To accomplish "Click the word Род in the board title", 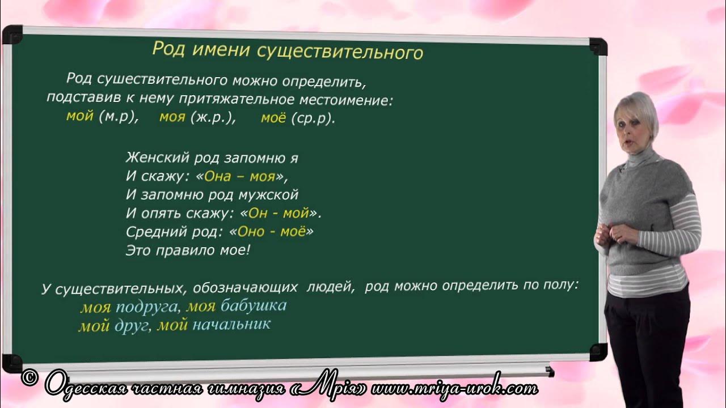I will pyautogui.click(x=165, y=49).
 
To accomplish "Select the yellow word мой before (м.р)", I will pyautogui.click(x=79, y=117).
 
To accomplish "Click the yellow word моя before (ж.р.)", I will pyautogui.click(x=172, y=118).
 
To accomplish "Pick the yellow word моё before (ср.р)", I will pyautogui.click(x=273, y=119).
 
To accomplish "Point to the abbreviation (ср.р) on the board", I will pyautogui.click(x=312, y=120).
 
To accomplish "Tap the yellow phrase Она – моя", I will pyautogui.click(x=239, y=176).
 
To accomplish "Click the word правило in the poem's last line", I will pyautogui.click(x=182, y=249).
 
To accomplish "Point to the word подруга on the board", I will pyautogui.click(x=146, y=308).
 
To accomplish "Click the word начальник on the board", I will pyautogui.click(x=231, y=325).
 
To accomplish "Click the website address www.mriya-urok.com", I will pyautogui.click(x=463, y=388).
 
